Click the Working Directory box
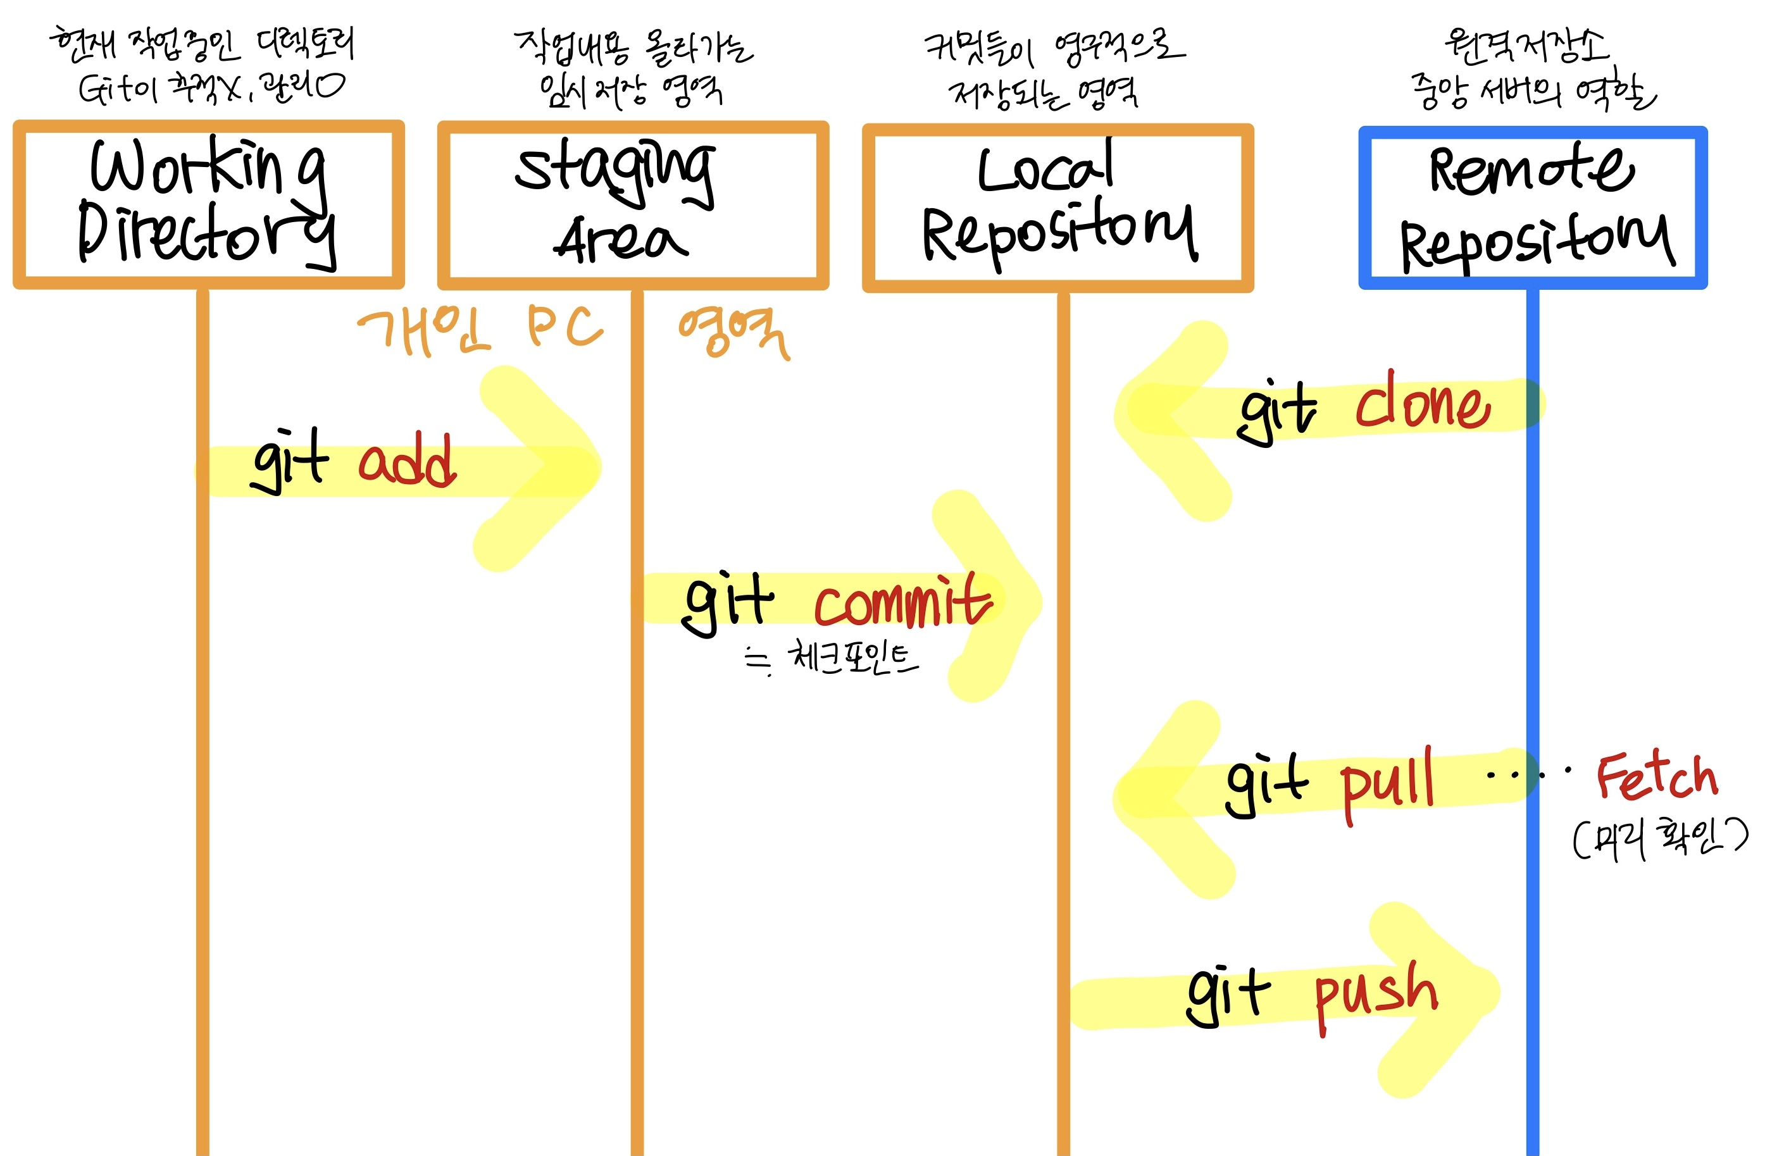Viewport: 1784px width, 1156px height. click(x=208, y=204)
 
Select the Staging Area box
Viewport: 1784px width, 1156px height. click(x=633, y=204)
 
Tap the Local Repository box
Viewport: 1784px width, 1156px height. click(x=1057, y=207)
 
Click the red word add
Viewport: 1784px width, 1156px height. click(x=407, y=461)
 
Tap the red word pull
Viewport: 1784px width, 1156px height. click(x=1387, y=783)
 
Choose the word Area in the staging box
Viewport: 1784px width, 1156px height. click(x=621, y=240)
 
